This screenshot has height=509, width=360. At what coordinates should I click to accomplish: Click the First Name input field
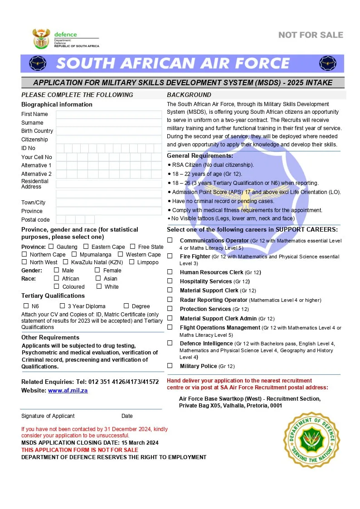click(109, 114)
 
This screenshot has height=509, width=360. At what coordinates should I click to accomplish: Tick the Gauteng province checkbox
click(51, 247)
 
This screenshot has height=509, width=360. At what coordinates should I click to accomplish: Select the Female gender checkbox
click(97, 270)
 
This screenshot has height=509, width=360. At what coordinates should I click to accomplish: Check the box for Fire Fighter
click(170, 256)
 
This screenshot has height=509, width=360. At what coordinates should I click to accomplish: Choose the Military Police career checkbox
click(170, 366)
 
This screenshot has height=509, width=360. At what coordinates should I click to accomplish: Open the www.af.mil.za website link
click(68, 390)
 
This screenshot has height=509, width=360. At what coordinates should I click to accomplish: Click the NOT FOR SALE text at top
click(311, 35)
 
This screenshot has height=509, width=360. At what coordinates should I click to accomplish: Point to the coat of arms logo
click(41, 39)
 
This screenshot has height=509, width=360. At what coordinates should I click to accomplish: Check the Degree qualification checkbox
click(126, 306)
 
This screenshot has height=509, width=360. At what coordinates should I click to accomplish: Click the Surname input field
click(109, 123)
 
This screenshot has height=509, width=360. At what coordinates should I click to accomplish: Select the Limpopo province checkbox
click(131, 262)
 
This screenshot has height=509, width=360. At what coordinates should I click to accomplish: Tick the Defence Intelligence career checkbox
click(170, 343)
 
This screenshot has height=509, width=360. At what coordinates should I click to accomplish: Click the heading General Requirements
click(200, 156)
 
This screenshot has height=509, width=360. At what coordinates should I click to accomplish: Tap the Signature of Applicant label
click(48, 416)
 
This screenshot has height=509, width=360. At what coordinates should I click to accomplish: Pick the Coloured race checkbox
click(57, 286)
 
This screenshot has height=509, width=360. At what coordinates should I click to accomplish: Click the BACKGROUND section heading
click(189, 95)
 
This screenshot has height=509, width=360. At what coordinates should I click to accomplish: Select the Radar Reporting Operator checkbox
click(170, 300)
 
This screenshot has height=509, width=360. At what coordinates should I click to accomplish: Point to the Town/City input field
click(109, 203)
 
